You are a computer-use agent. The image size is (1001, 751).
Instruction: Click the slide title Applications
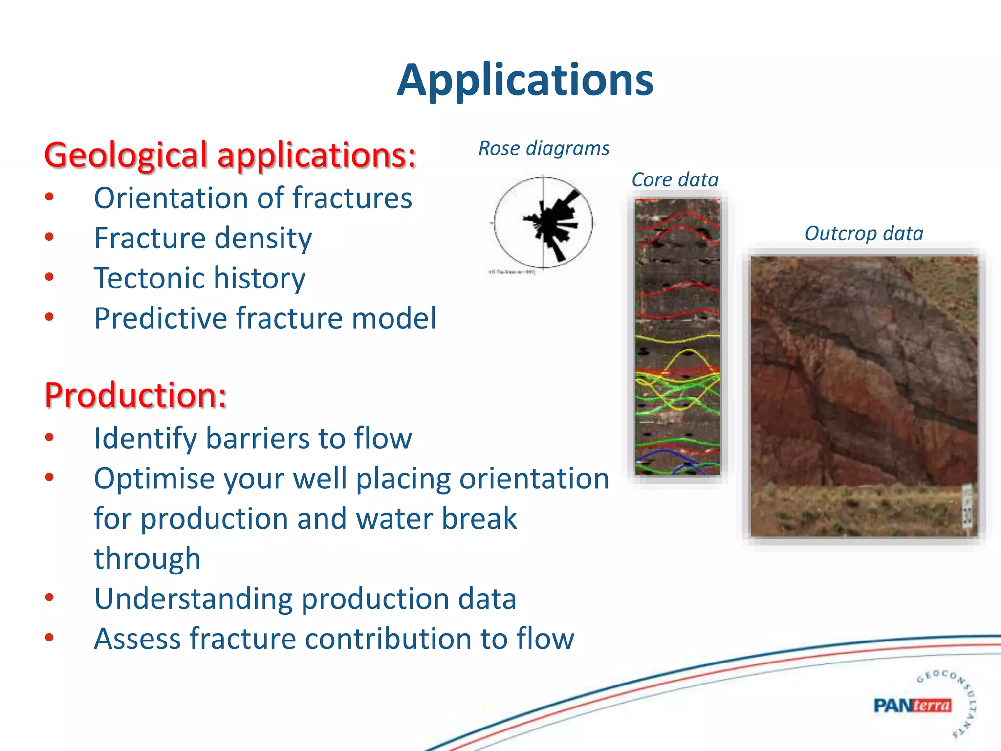(525, 81)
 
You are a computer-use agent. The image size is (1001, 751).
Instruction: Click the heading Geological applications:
(230, 155)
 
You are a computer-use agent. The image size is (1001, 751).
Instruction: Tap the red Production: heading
(135, 395)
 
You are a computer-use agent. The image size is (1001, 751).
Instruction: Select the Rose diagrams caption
(544, 148)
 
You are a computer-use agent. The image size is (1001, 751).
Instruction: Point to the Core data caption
(675, 179)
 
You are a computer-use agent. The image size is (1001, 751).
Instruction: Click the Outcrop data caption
(864, 233)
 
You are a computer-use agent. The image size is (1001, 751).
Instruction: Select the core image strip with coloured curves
(677, 337)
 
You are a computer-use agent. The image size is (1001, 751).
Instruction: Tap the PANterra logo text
(912, 706)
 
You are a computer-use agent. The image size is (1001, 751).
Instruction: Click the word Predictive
(161, 318)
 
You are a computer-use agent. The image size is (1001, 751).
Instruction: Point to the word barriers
(258, 438)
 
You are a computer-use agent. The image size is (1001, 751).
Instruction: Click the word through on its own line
(147, 558)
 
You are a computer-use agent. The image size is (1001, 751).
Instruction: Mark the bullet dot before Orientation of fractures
(49, 198)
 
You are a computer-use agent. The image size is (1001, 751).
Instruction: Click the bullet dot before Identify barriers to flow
(49, 437)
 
